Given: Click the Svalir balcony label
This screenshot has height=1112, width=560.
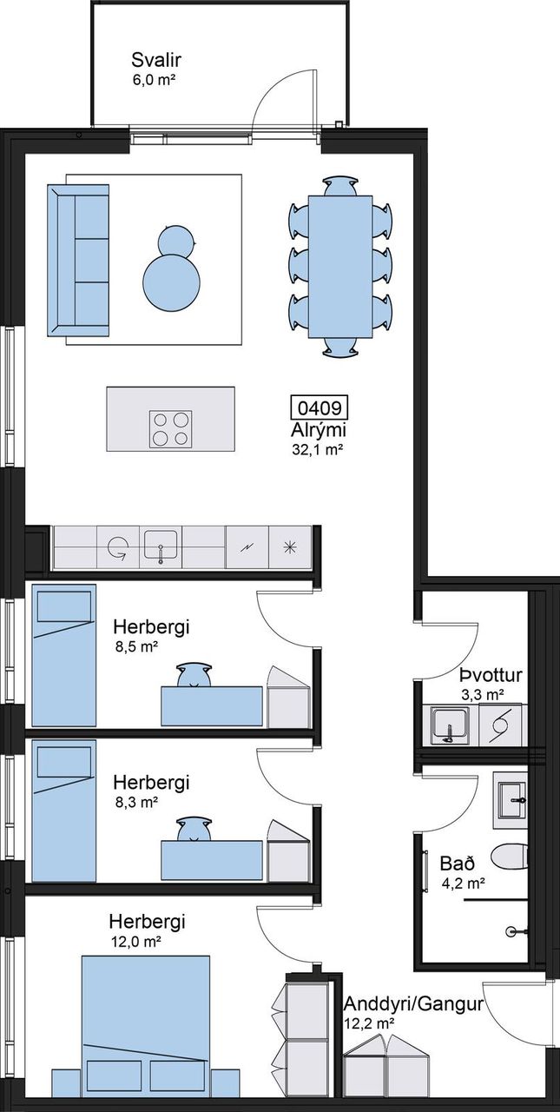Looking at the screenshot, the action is click(156, 60).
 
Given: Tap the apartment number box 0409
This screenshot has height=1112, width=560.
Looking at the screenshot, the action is click(320, 407).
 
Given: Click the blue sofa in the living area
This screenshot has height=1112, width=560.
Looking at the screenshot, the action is click(78, 260).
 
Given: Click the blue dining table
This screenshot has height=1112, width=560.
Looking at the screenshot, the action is click(339, 267).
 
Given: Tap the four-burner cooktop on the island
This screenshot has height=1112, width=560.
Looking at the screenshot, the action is click(171, 429).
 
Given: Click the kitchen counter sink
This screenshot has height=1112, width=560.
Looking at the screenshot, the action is click(161, 546).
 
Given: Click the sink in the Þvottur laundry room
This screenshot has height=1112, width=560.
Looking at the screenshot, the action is click(450, 725).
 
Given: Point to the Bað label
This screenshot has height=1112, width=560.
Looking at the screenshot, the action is click(458, 864).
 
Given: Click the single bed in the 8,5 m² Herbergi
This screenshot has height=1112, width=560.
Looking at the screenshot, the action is click(64, 655).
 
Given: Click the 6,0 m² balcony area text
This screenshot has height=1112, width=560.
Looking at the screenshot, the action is click(155, 79).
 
